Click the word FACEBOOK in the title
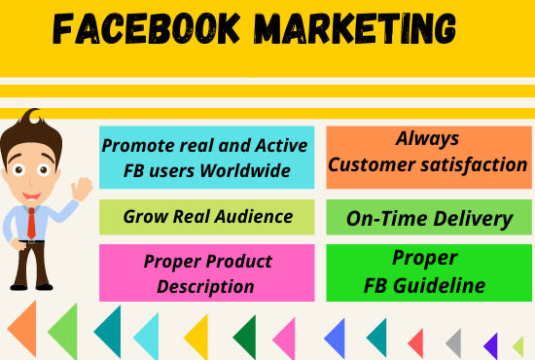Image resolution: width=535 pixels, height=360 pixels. point(146,28)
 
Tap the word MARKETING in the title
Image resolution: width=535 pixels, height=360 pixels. point(355,28)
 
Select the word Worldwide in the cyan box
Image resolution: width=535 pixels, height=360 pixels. point(245,170)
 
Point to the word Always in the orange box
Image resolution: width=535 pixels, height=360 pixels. point(427,139)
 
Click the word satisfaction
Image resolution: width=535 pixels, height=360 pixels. point(474,164)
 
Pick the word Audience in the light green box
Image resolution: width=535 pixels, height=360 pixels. point(254,216)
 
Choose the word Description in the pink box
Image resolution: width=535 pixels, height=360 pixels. point(205,286)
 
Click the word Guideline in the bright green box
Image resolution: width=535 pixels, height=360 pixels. point(439,285)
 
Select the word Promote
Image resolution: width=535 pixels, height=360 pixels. point(138,146)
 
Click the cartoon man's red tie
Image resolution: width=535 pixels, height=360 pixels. point(31,223)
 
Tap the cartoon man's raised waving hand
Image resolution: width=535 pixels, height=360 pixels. point(82,189)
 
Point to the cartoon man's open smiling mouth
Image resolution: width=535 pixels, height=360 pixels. point(32,197)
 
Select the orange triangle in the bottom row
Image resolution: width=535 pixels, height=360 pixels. point(25,329)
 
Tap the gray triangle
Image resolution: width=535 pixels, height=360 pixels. point(455,343)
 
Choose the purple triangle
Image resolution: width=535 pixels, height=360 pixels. point(492,346)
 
